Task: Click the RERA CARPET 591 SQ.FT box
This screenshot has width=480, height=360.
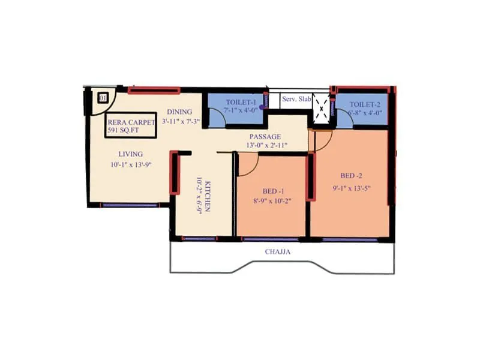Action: [x=130, y=125]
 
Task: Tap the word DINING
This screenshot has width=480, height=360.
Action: [x=179, y=112]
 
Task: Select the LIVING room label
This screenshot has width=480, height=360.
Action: [x=130, y=154]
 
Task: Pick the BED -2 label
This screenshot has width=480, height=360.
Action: [x=352, y=176]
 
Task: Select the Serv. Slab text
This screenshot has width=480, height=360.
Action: [x=296, y=100]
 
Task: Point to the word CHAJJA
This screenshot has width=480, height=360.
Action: [x=278, y=252]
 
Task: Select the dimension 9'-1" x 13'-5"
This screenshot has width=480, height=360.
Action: [x=352, y=187]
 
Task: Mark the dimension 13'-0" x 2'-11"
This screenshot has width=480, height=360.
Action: [x=267, y=146]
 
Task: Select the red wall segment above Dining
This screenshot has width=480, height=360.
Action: [x=154, y=91]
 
